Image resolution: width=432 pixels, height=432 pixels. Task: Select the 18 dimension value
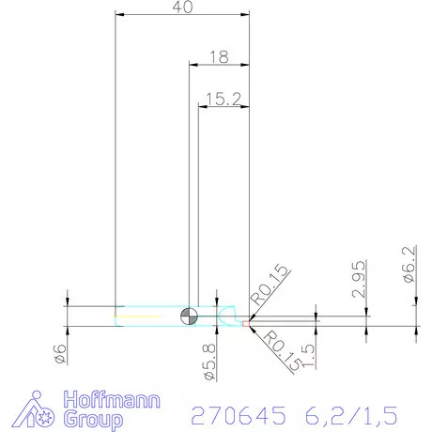pos(219,56)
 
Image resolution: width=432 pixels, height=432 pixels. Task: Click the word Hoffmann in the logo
pos(111,399)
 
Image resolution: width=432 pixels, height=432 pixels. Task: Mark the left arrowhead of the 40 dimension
pos(118,15)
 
